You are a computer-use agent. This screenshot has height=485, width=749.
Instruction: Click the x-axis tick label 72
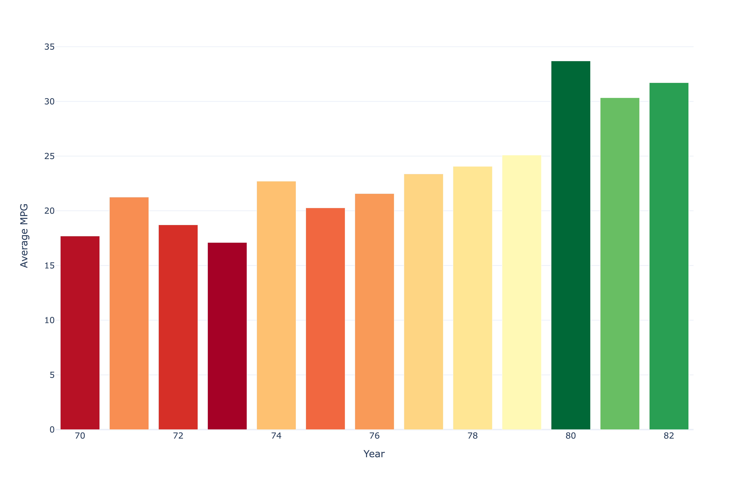click(x=178, y=436)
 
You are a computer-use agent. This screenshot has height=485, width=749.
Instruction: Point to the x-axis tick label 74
click(x=276, y=436)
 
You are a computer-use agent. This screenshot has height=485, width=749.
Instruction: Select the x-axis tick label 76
click(x=374, y=436)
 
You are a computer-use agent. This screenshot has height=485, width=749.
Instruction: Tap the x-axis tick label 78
click(x=473, y=436)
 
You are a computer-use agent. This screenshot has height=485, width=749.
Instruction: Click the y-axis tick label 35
click(x=49, y=47)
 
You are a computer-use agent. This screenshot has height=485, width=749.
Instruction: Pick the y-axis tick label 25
click(x=49, y=156)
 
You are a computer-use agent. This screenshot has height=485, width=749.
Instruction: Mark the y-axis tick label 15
click(x=49, y=266)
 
